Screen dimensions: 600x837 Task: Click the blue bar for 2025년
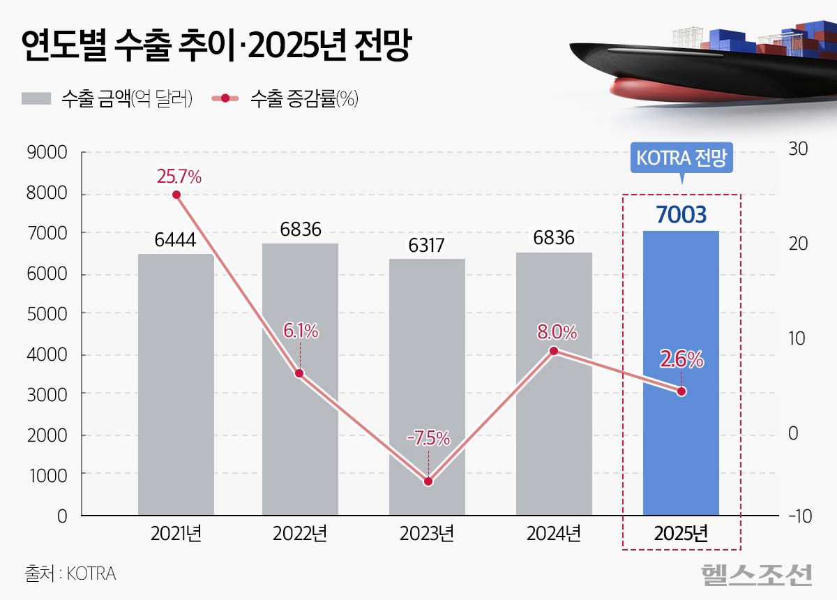coord(681,447)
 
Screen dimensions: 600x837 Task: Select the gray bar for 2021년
coord(176,419)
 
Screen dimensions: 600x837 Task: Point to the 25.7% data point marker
coord(176,195)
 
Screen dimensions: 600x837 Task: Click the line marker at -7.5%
coord(428,481)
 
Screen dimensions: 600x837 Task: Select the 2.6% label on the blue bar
coord(681,360)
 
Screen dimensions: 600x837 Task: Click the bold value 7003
coord(681,214)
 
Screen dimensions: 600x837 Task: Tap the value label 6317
coord(427,246)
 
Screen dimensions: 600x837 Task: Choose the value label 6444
coord(176,241)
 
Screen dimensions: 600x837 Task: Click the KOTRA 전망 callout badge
coord(681,158)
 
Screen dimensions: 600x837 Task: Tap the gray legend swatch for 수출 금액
coord(36,98)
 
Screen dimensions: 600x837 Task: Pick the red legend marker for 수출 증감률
coord(225,98)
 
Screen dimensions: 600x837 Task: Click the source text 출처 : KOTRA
coord(70,574)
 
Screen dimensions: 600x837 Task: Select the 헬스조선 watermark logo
coord(757,574)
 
